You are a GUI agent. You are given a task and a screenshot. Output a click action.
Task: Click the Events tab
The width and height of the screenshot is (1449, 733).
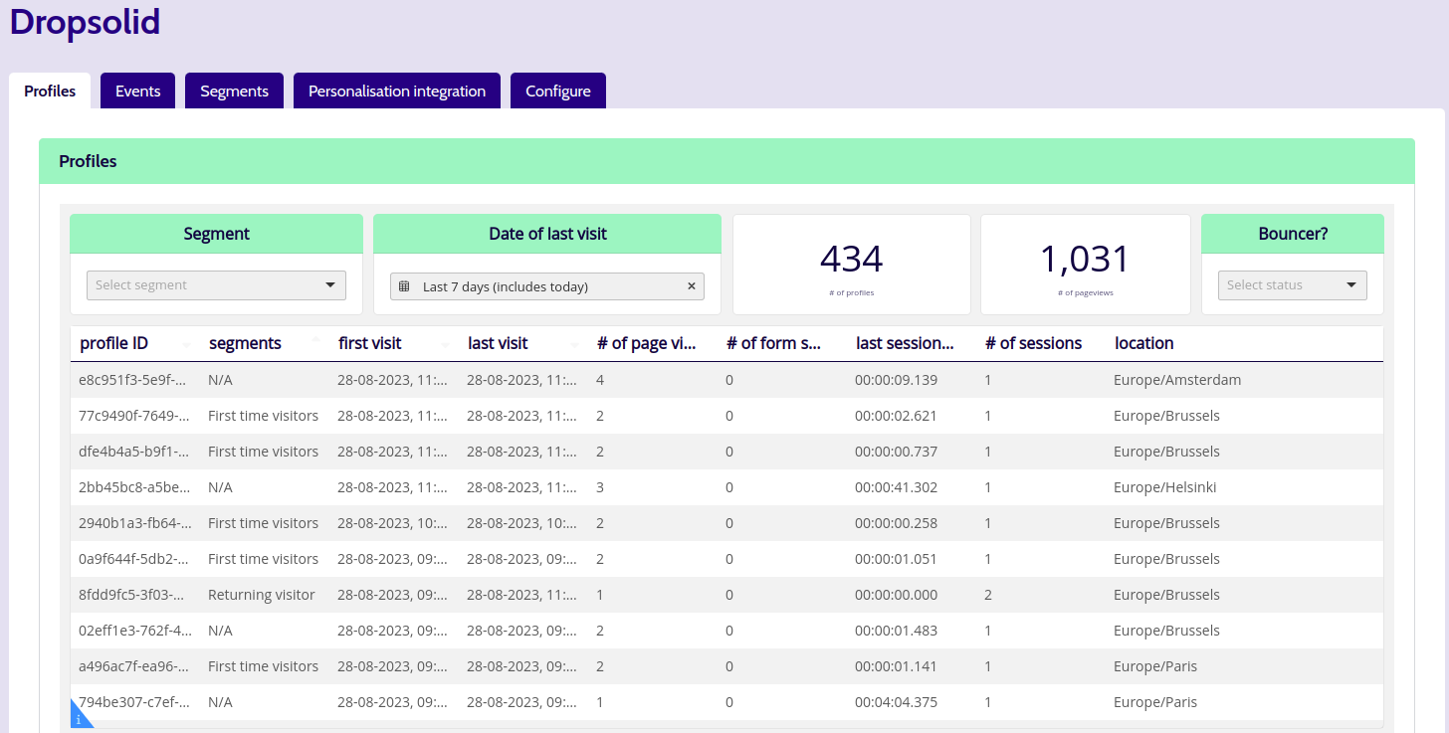(137, 91)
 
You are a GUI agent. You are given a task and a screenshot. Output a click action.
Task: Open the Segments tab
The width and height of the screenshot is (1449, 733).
(234, 91)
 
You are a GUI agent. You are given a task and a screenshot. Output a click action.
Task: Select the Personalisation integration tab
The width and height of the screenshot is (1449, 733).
(396, 91)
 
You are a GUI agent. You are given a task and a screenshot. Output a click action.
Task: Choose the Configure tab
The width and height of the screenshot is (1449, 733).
(557, 91)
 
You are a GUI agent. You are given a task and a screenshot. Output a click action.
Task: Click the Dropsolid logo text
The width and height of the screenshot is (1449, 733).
(85, 21)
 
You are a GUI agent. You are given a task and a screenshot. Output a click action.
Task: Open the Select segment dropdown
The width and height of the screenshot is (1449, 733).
(216, 285)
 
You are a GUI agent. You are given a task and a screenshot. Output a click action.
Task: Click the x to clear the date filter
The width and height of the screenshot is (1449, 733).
(692, 286)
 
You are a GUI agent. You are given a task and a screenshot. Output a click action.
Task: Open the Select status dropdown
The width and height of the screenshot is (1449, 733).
(1293, 285)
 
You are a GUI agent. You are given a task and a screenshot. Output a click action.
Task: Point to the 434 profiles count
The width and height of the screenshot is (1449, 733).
(851, 259)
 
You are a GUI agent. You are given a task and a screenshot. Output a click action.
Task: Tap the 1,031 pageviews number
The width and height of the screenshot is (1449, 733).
(1085, 259)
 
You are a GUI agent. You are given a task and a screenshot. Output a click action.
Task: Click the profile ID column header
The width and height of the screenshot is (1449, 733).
(113, 343)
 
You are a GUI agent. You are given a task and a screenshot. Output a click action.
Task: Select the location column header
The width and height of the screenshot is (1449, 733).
(1143, 343)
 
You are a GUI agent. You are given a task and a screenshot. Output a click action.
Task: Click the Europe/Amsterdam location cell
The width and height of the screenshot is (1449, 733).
(1177, 380)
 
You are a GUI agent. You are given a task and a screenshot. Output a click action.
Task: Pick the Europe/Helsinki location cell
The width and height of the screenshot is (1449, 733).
(1165, 487)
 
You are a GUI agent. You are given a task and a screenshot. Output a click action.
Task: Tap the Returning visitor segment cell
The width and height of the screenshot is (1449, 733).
(262, 595)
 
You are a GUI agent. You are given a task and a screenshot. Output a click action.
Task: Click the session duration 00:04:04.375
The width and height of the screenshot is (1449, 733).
(896, 702)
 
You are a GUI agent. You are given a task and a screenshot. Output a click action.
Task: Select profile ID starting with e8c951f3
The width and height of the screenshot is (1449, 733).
(132, 380)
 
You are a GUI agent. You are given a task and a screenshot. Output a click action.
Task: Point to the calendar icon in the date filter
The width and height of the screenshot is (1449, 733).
(404, 286)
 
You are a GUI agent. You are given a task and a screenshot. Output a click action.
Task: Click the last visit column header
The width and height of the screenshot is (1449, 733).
(498, 343)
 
